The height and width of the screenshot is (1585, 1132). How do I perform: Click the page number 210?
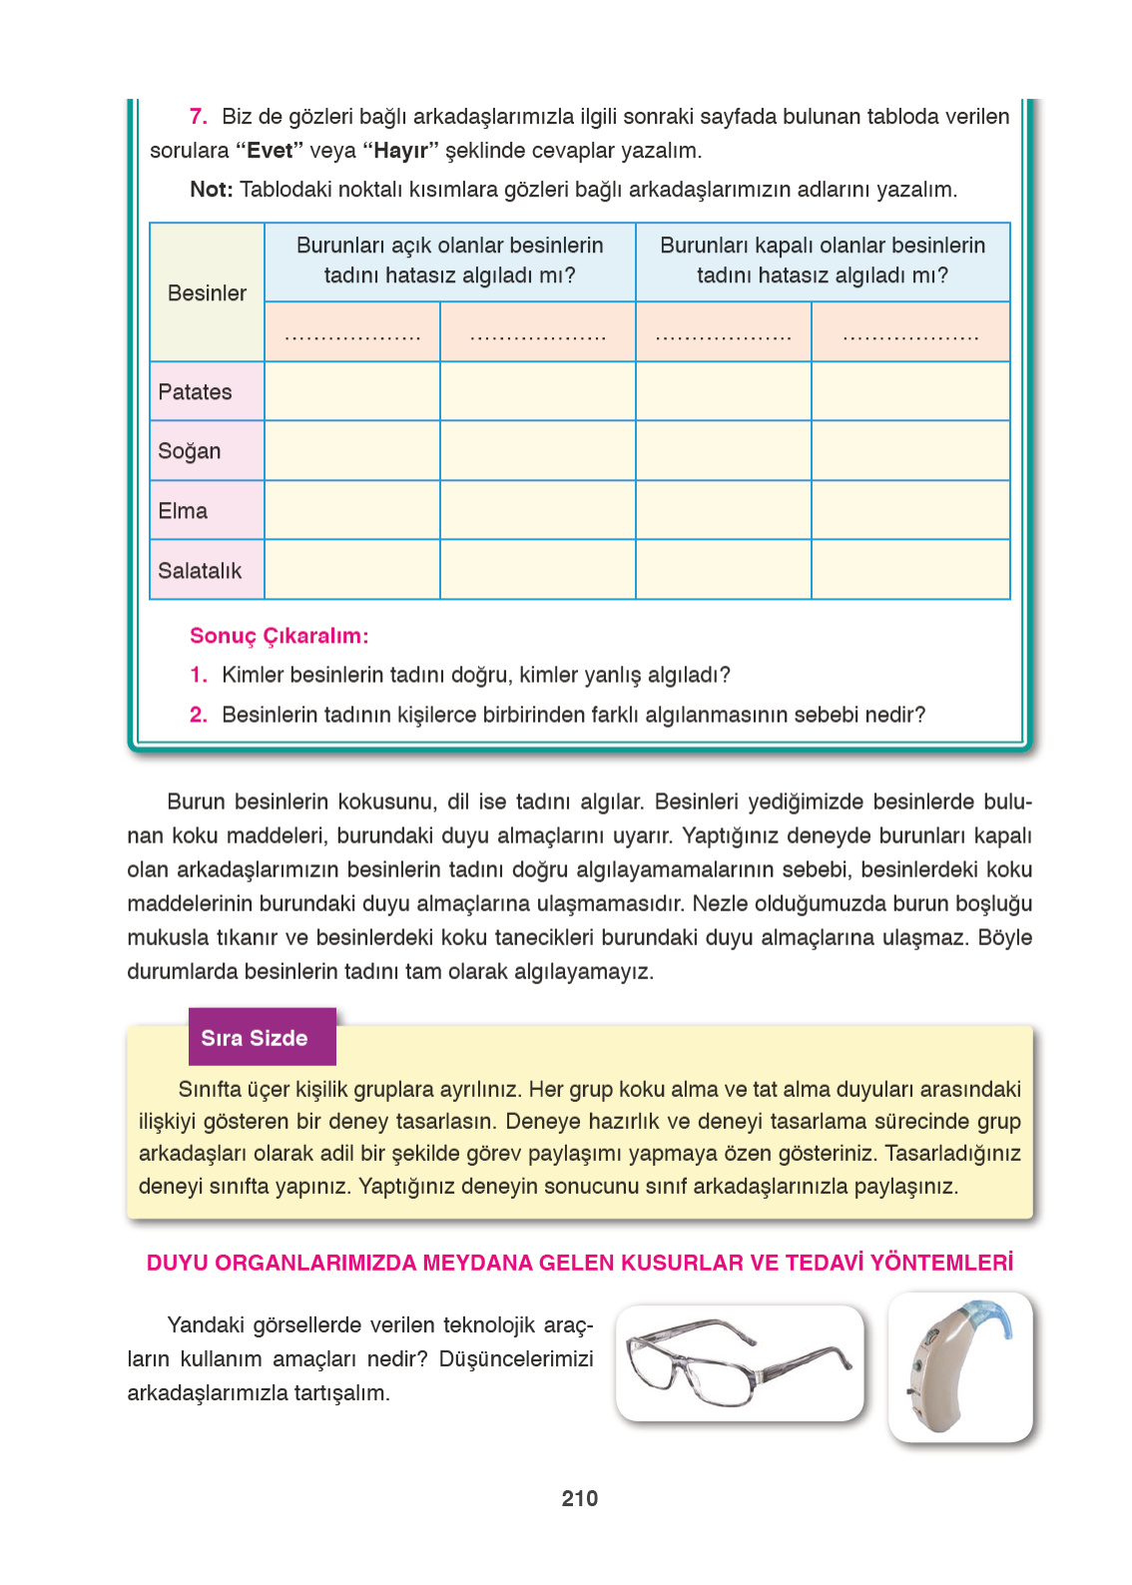579,1497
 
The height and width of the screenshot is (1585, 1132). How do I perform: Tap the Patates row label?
195,392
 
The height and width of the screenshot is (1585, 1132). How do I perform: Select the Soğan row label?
190,451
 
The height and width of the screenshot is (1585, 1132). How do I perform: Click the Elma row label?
183,511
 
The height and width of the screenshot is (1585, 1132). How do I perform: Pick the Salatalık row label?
200,571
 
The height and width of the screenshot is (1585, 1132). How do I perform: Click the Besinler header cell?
207,293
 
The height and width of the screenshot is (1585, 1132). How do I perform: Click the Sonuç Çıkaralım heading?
279,636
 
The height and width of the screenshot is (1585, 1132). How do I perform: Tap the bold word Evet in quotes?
270,151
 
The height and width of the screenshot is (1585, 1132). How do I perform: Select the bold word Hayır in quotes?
399,151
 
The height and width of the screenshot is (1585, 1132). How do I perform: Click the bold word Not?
211,190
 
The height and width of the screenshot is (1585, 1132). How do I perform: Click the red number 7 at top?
198,117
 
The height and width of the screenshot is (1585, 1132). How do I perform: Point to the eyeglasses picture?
739,1362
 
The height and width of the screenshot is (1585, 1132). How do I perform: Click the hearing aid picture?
959,1367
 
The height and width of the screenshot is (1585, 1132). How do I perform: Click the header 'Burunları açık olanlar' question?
449,261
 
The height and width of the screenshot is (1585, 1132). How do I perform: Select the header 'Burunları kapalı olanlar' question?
823,261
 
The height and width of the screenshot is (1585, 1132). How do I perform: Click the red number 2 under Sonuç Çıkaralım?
198,715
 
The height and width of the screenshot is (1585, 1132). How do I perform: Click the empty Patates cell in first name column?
351,391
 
